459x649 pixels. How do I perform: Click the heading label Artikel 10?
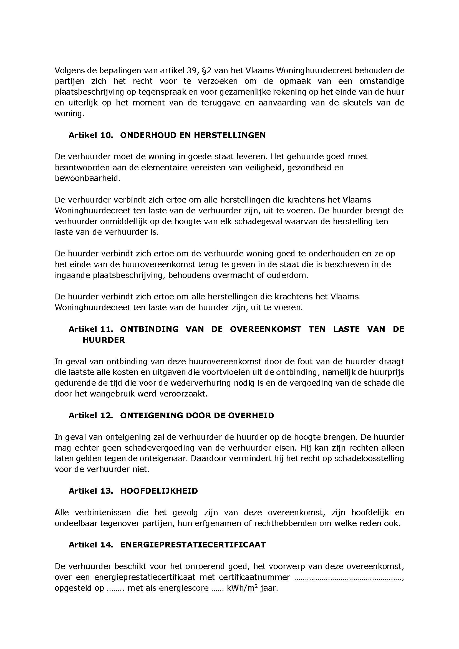tap(91, 135)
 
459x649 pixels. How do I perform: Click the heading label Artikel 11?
tap(91, 329)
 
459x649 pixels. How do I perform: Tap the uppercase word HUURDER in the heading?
tap(104, 340)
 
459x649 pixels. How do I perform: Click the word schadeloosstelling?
tap(369, 458)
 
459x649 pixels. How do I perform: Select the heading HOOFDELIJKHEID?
tap(159, 491)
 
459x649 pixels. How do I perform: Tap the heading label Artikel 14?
tap(91, 545)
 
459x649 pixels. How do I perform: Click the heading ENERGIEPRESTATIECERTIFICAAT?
tap(193, 545)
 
